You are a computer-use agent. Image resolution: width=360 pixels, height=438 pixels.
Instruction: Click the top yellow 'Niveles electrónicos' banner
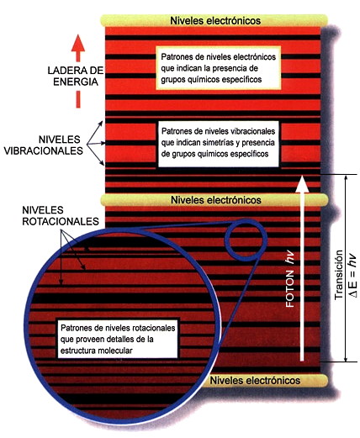[214, 20]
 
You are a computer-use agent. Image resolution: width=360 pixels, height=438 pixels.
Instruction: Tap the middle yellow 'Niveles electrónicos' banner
[214, 200]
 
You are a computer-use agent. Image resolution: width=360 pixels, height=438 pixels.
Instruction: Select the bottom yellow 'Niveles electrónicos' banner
[263, 380]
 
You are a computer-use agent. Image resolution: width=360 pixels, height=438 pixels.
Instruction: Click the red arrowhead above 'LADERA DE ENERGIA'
[78, 43]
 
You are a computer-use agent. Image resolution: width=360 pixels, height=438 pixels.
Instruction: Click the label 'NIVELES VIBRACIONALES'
[44, 145]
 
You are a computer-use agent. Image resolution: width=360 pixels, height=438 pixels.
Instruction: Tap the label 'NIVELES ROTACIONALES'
[61, 215]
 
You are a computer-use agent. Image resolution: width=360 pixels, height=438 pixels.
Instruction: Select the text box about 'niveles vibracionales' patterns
[219, 144]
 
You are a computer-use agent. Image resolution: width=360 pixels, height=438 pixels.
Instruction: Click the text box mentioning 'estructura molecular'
[118, 339]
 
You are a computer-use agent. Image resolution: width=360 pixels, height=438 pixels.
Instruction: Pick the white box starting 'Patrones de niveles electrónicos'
[219, 68]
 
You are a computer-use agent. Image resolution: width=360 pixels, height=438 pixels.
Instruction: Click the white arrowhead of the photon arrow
[302, 184]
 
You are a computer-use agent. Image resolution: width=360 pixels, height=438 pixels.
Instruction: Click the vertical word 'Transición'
[339, 275]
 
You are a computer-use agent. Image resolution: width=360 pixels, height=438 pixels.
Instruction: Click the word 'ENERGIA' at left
[76, 82]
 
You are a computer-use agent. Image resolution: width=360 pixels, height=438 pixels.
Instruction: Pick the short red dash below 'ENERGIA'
[78, 99]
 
